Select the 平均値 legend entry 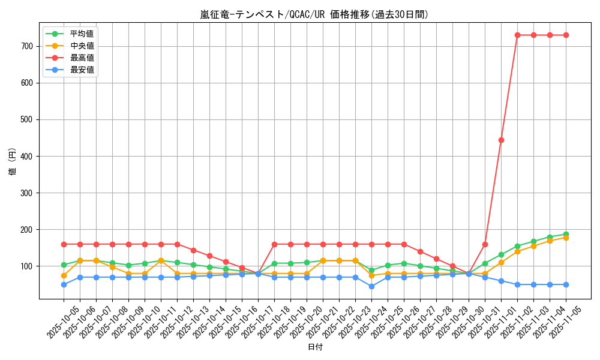pyautogui.click(x=82, y=34)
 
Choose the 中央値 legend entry pyautogui.click(x=82, y=46)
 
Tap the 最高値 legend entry pyautogui.click(x=82, y=58)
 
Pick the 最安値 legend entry pyautogui.click(x=82, y=70)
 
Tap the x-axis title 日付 pyautogui.click(x=315, y=347)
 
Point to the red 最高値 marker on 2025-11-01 pyautogui.click(x=501, y=140)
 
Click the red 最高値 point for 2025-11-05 pyautogui.click(x=566, y=35)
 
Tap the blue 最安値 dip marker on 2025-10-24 pyautogui.click(x=371, y=286)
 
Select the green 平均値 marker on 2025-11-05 pyautogui.click(x=566, y=234)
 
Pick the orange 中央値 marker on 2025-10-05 pyautogui.click(x=64, y=275)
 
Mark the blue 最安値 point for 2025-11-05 pyautogui.click(x=566, y=284)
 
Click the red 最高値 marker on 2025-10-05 pyautogui.click(x=64, y=244)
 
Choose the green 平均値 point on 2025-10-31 pyautogui.click(x=485, y=263)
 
